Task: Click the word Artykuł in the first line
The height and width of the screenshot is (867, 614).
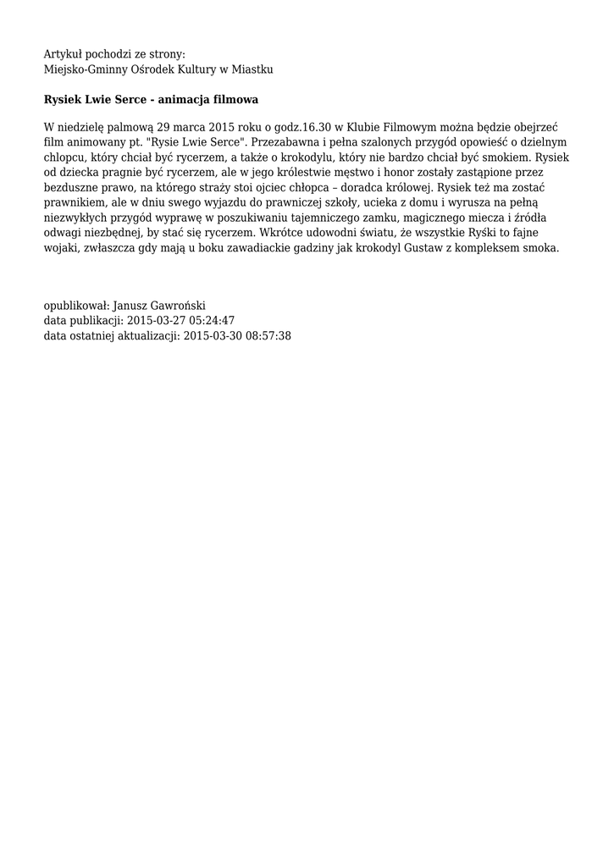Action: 64,54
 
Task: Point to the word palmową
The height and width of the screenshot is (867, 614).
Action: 120,127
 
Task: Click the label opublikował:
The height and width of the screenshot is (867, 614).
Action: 75,306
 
